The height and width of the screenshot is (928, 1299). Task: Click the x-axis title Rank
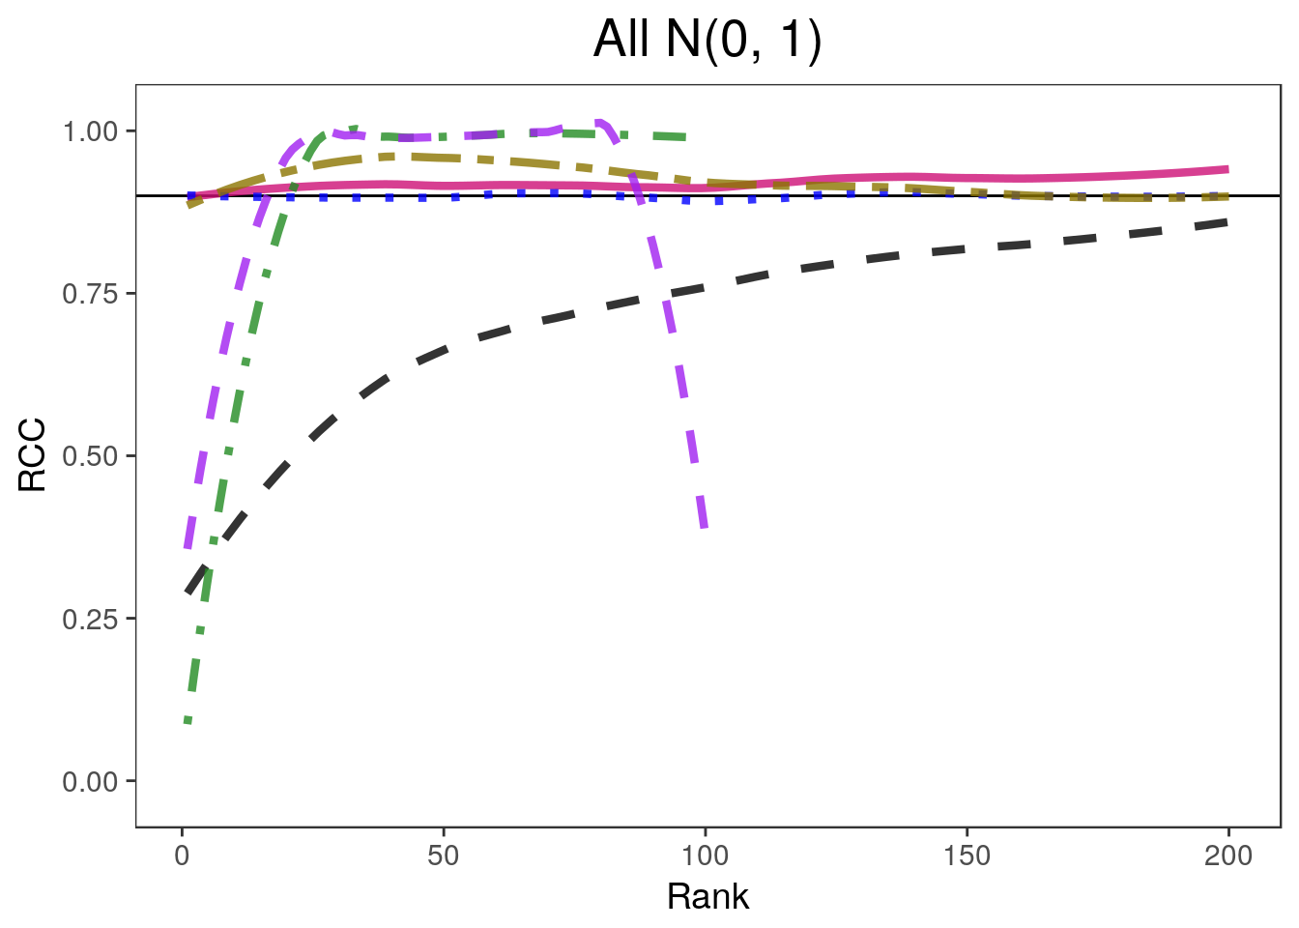coord(707,897)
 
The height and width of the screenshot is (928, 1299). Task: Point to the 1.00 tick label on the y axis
coord(92,130)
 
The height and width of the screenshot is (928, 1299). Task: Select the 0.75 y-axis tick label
coord(92,293)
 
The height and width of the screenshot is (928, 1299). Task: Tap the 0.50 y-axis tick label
coord(92,455)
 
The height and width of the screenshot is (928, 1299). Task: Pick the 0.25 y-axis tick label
coord(92,618)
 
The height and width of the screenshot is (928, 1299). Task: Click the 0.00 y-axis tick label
coord(92,781)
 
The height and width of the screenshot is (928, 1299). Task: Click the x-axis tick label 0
coord(182,855)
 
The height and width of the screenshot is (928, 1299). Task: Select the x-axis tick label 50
coord(443,855)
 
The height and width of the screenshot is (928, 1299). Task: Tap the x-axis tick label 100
coord(705,855)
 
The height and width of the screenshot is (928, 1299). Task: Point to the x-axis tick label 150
coord(967,855)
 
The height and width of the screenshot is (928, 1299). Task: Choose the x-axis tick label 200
coord(1227,855)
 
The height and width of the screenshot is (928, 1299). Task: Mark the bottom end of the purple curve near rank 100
coord(705,528)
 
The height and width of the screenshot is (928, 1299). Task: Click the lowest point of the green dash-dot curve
coord(188,721)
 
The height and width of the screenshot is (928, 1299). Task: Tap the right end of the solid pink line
coord(1227,169)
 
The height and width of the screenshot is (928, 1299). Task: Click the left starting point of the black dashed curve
coord(188,592)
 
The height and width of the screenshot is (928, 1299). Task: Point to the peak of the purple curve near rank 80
coord(599,123)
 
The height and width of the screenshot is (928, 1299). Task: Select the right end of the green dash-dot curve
coord(685,136)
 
